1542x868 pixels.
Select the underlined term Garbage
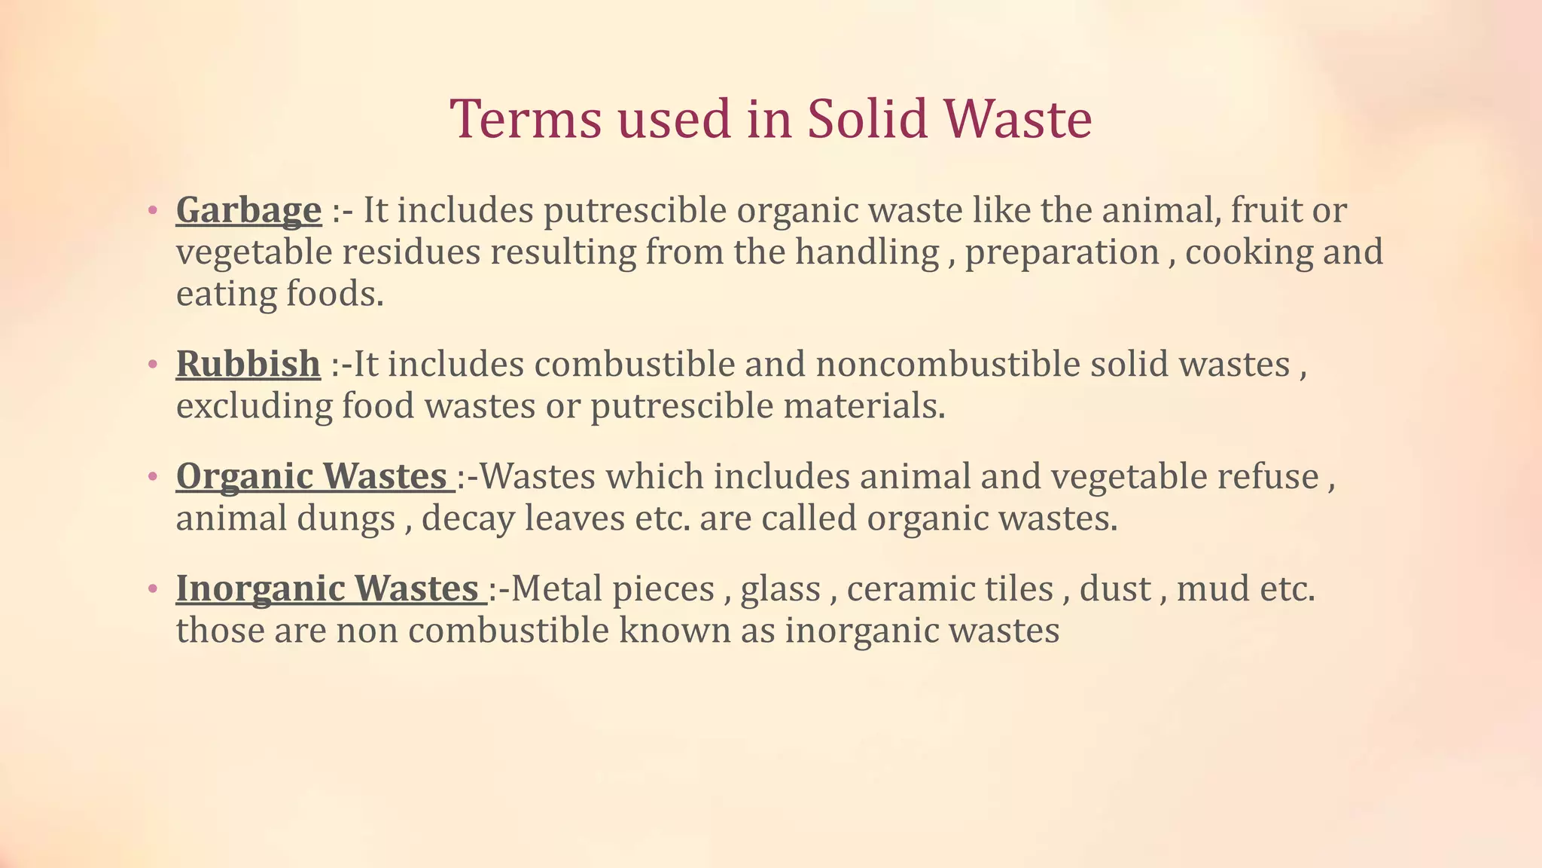248,210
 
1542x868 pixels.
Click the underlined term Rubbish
248,364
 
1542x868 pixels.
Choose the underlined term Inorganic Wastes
328,588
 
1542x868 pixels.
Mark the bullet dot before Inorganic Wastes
153,589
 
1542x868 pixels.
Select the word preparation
1062,253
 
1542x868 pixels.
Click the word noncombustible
948,364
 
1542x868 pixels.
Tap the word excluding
254,407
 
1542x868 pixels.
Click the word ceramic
895,588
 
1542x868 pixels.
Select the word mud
1206,588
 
